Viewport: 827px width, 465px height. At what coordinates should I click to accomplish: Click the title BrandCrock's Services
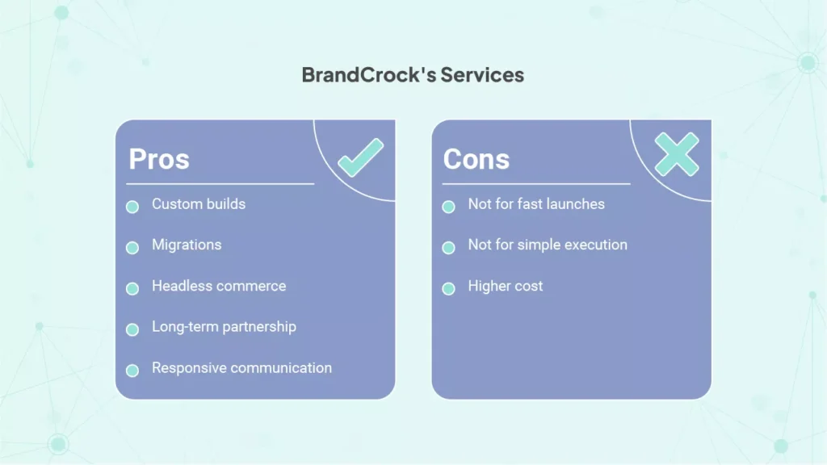413,75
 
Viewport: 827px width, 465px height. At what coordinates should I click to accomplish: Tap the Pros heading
159,159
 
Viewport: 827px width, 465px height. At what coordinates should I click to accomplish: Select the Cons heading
476,159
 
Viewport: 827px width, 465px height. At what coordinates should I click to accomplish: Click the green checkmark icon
361,157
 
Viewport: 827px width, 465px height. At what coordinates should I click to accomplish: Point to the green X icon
677,154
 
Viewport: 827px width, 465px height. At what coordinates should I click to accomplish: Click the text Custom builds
199,204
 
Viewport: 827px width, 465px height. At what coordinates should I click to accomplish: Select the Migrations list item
187,245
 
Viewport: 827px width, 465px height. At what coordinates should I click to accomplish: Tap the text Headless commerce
219,286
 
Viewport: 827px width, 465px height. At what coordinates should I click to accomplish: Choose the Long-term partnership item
225,327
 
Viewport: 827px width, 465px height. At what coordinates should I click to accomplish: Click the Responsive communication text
242,367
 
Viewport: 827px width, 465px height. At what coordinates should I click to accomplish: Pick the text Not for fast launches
536,204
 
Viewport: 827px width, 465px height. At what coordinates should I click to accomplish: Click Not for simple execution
548,245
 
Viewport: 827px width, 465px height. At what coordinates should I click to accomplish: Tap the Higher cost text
506,286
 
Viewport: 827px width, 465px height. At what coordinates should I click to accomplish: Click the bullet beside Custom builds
132,207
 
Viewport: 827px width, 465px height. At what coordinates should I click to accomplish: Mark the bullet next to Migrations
132,247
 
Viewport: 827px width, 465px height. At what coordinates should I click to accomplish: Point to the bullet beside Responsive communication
132,370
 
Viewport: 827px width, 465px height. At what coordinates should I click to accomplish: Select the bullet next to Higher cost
448,288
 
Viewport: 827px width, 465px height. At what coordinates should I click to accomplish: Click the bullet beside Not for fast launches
448,207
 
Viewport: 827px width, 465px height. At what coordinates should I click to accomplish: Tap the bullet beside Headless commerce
132,288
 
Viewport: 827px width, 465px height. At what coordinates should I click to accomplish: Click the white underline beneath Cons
536,184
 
